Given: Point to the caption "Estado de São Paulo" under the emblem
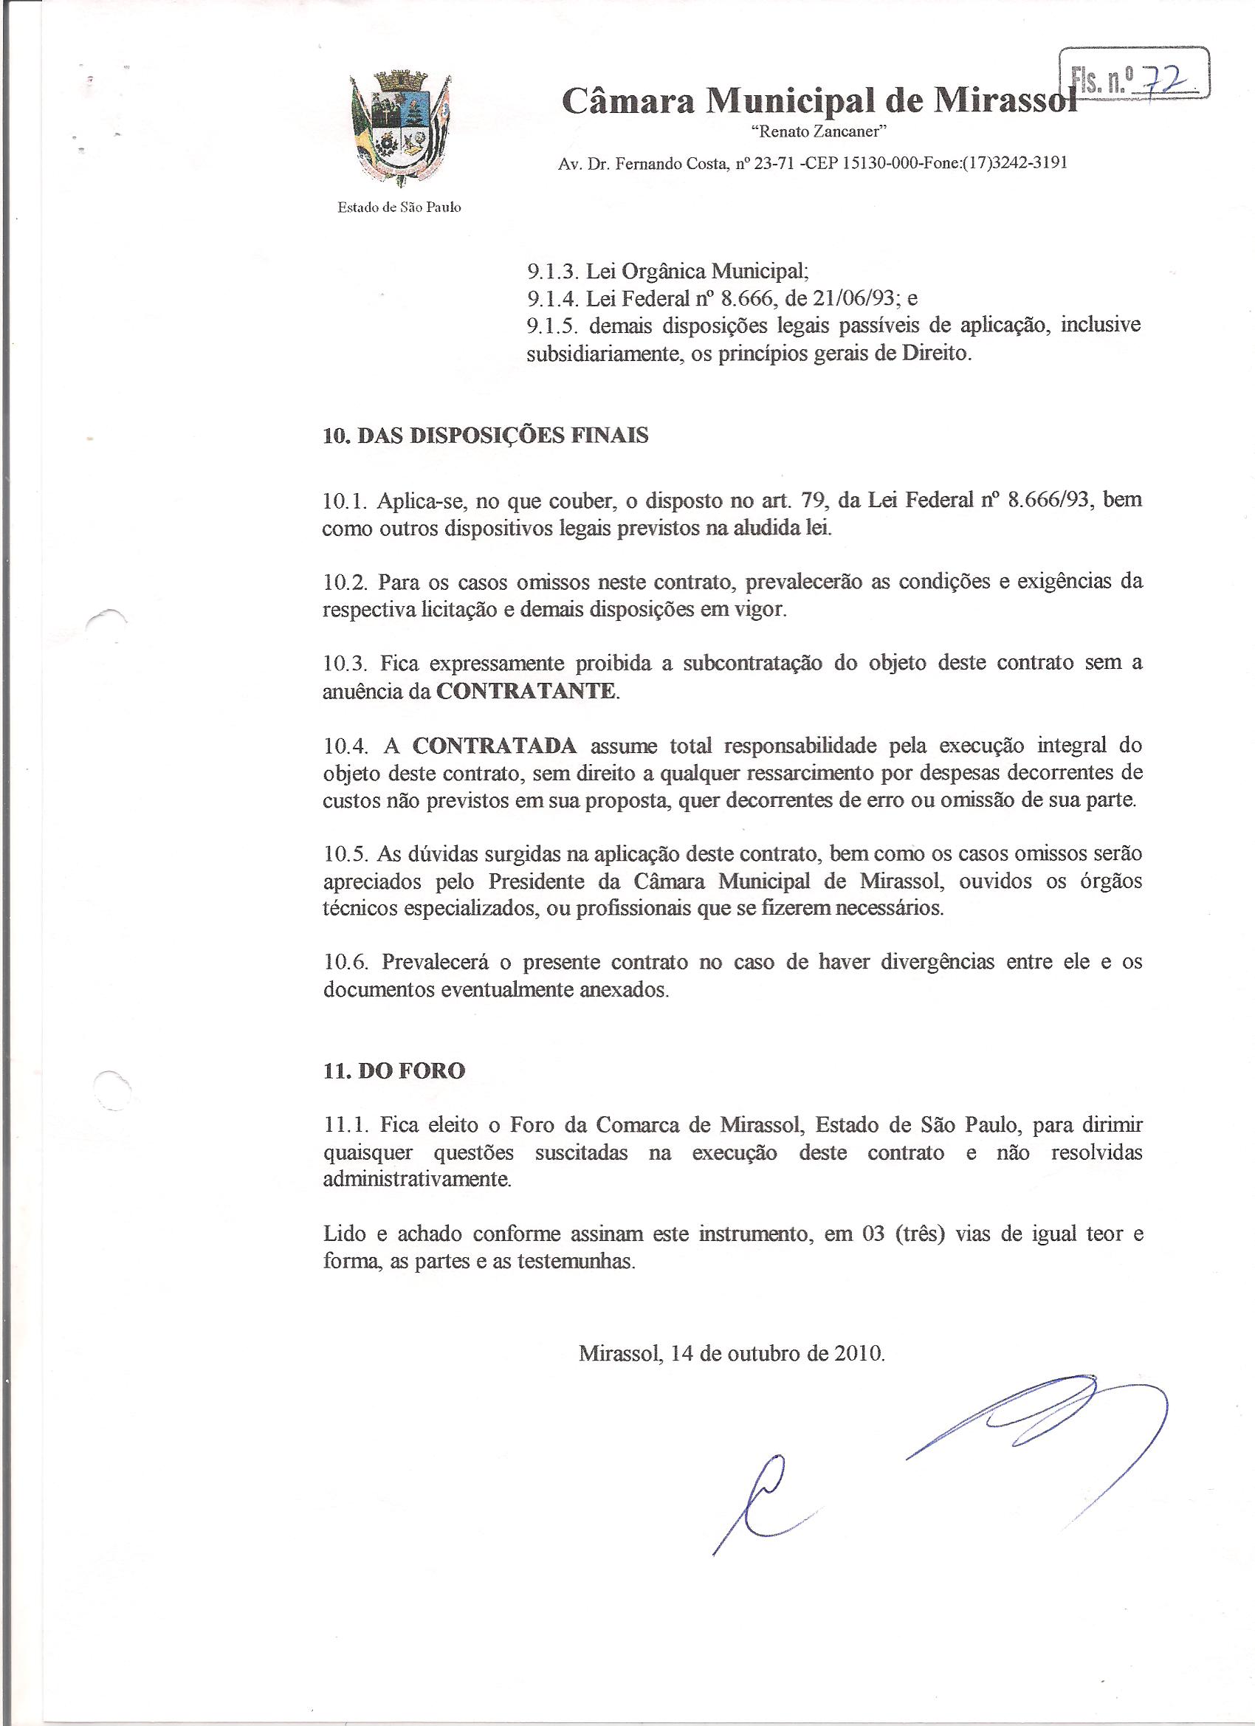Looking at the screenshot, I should pos(399,207).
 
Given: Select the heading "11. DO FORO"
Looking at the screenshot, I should pos(393,1070).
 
